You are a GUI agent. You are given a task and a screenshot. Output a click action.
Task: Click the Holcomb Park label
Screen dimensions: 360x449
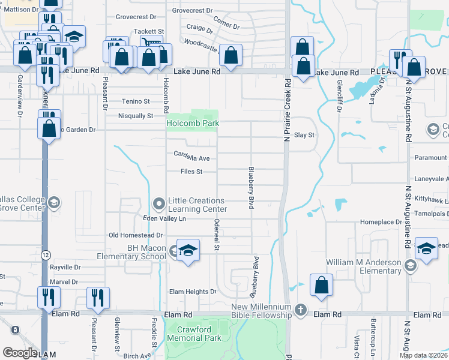(192, 123)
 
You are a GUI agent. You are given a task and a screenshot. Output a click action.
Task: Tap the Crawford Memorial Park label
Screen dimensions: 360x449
(193, 334)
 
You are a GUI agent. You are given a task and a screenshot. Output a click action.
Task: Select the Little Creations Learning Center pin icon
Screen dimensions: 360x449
(159, 205)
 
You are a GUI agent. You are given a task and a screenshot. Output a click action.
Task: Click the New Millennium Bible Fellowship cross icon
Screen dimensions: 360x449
(301, 311)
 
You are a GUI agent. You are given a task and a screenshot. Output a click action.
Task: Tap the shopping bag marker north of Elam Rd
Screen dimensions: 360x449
(321, 286)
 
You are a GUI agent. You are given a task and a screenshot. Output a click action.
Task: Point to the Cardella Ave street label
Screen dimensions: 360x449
(191, 157)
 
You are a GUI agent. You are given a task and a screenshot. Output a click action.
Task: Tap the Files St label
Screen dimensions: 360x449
(190, 172)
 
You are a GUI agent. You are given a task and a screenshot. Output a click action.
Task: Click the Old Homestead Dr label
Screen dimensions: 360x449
(136, 235)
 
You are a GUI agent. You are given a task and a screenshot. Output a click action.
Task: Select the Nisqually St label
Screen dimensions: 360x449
(136, 116)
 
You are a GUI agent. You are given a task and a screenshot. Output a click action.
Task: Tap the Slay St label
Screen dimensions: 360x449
(304, 136)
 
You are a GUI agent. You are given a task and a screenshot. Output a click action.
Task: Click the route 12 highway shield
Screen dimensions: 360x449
(46, 255)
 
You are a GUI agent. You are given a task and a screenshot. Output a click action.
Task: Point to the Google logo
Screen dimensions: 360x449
(20, 353)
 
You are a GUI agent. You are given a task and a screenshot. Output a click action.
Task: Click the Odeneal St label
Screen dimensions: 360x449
(217, 235)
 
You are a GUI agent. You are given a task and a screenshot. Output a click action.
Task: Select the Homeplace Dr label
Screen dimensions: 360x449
(381, 222)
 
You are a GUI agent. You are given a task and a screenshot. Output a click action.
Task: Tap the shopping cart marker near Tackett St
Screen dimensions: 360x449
(151, 44)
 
